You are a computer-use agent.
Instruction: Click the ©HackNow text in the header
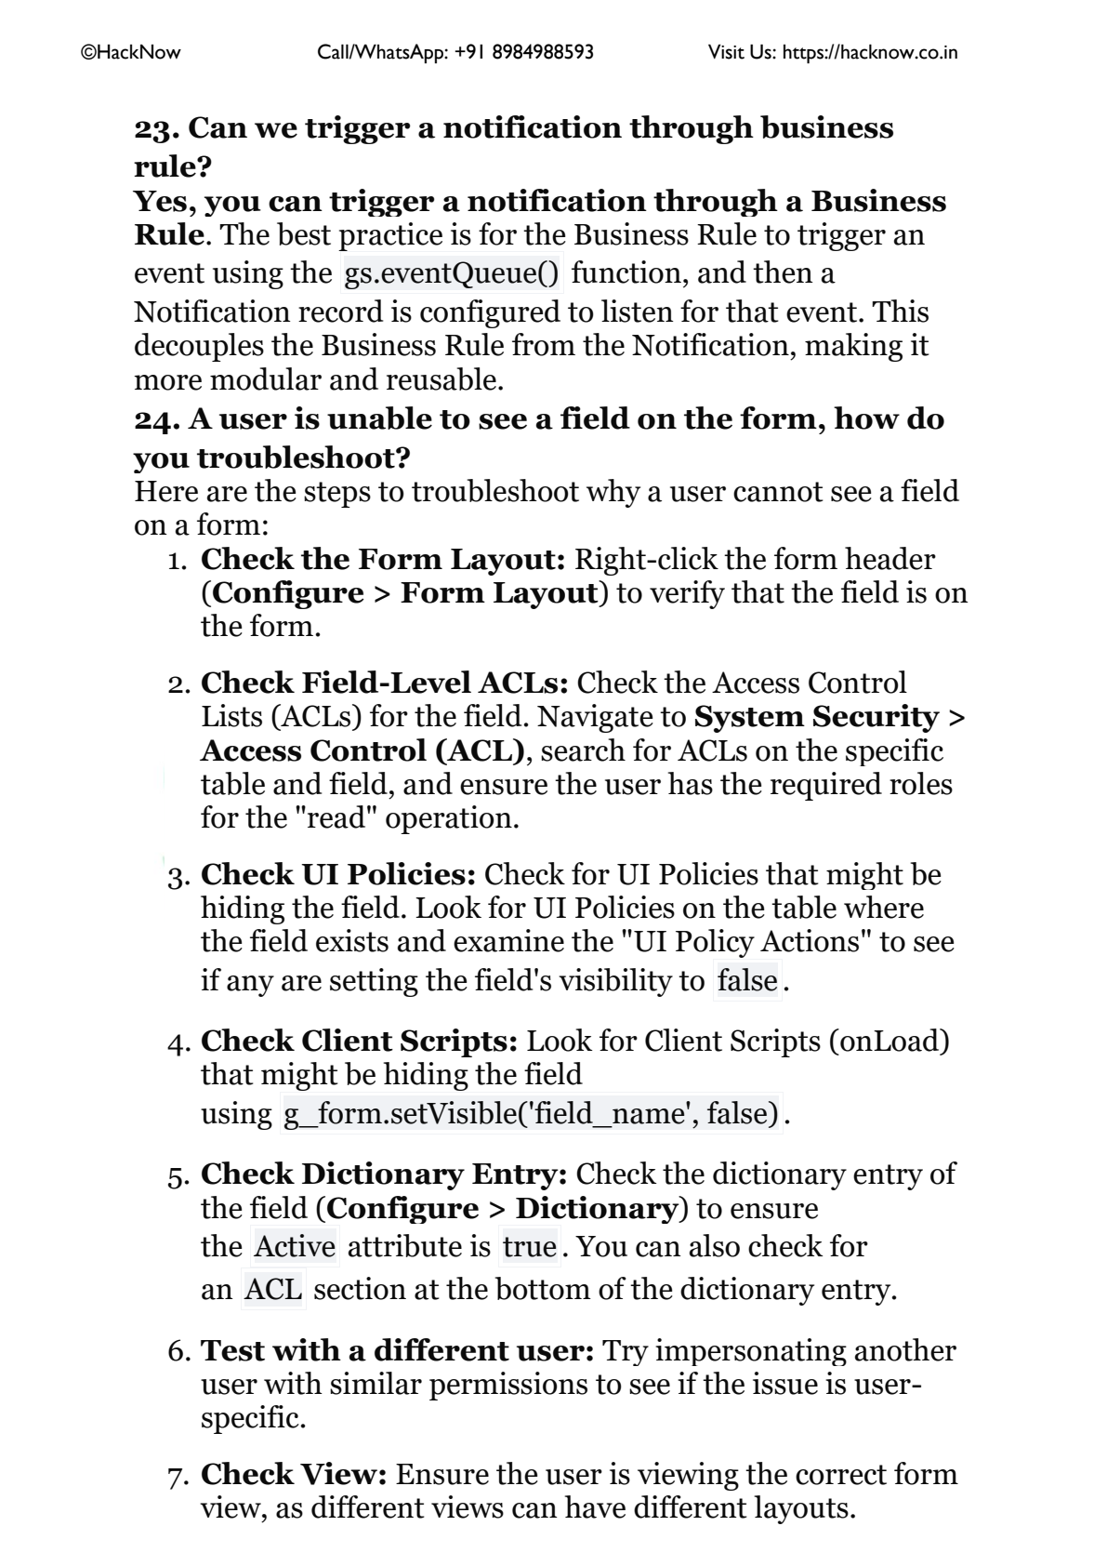(x=131, y=52)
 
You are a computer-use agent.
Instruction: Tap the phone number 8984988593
(x=543, y=52)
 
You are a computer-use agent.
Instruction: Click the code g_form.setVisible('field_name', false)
(x=531, y=1113)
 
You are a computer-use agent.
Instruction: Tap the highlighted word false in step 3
(x=747, y=981)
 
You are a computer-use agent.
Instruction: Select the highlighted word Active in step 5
(x=295, y=1246)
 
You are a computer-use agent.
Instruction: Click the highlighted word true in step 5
(x=530, y=1246)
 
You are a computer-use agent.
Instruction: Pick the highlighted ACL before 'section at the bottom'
(x=273, y=1290)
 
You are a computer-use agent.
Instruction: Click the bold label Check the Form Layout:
(x=383, y=560)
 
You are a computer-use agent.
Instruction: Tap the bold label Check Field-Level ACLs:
(x=385, y=683)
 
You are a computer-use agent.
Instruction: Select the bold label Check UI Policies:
(x=338, y=875)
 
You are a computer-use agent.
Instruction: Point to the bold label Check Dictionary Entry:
(x=384, y=1174)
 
